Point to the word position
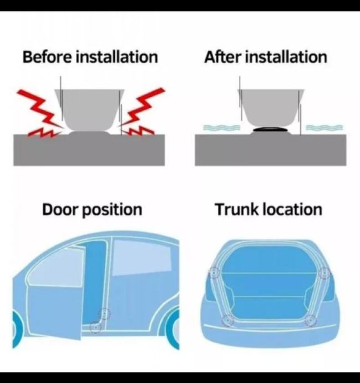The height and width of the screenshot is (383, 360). pos(112,210)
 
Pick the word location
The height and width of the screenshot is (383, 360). pos(292,209)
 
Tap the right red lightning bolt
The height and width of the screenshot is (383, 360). pos(141,112)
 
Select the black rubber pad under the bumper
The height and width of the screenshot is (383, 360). pos(271,130)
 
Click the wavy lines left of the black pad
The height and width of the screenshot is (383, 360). pos(222,127)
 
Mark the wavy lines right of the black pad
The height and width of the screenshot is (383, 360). pos(324,127)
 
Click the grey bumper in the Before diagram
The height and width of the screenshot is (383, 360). pos(89,109)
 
